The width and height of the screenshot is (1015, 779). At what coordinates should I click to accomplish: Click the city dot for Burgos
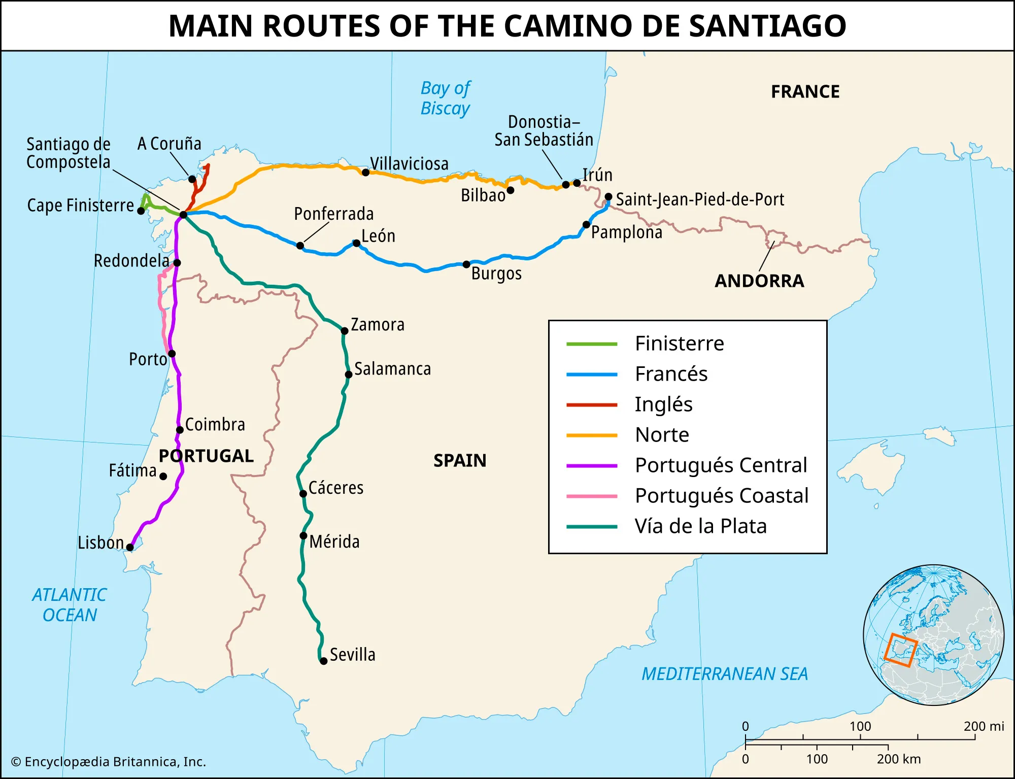466,264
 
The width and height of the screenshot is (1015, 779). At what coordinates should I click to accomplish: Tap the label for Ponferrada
333,214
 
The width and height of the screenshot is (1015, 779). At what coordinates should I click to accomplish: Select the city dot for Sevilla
323,661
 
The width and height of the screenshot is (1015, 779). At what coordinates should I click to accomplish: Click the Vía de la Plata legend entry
700,526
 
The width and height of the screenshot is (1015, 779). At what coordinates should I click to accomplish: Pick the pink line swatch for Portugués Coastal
592,496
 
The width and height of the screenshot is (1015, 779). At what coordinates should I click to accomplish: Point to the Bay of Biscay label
445,98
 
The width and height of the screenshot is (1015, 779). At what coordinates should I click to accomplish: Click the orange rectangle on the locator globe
900,650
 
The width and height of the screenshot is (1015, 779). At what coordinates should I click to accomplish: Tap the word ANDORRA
759,281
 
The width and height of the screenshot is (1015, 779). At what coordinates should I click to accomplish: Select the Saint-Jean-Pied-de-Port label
700,199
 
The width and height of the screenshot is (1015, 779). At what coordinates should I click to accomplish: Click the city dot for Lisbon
130,547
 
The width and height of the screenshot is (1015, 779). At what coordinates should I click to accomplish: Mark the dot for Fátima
163,476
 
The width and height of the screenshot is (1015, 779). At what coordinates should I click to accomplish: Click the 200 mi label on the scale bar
984,726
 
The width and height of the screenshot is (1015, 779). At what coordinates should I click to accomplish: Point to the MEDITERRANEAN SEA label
725,674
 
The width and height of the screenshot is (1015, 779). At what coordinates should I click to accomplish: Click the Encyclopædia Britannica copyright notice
109,762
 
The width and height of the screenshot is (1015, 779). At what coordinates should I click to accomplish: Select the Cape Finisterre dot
141,211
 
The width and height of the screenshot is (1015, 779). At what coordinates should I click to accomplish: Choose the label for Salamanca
392,369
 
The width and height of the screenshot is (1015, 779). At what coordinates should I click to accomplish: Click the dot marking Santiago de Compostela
184,215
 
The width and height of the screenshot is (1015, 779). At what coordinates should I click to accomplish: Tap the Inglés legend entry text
663,404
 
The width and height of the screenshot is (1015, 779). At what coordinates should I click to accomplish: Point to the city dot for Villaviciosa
365,173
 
